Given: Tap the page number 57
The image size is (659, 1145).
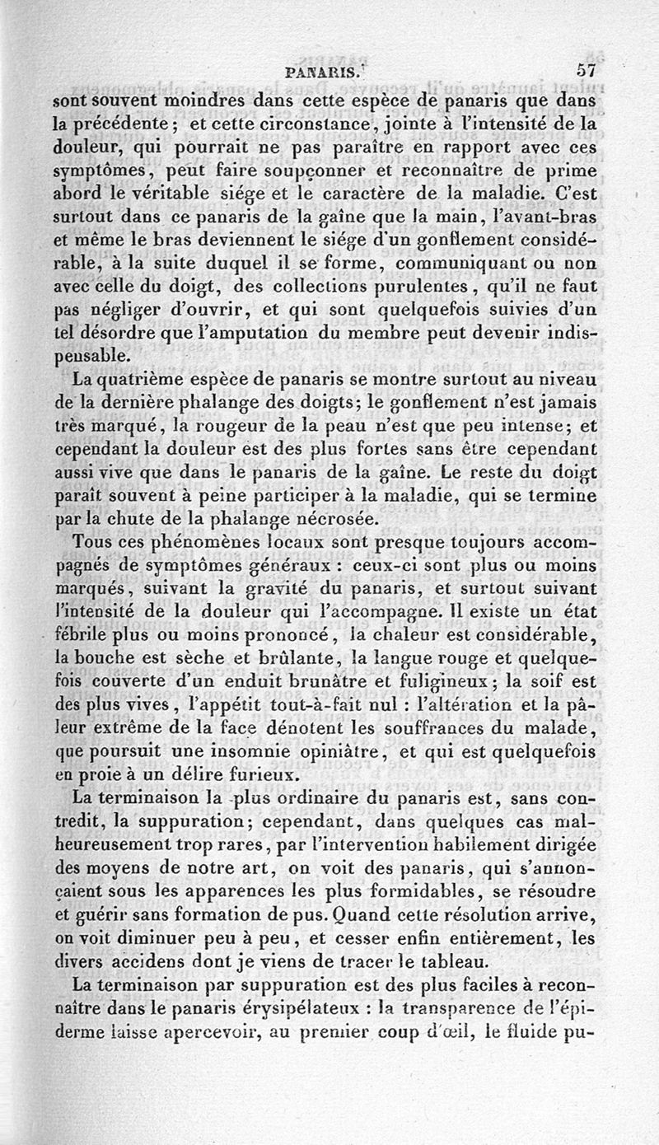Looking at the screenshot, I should click(x=590, y=70).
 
